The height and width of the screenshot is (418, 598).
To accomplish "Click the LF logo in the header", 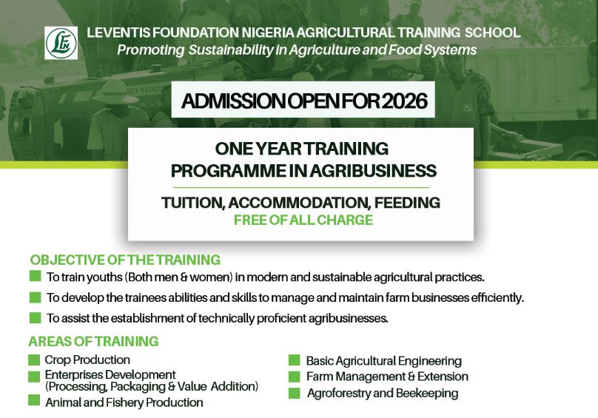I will coord(61,42).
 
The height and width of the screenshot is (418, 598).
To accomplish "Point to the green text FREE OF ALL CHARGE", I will coord(303,219).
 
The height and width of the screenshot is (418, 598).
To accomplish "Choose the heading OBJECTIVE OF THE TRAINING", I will coord(125,260).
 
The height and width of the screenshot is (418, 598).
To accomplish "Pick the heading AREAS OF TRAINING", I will coord(93,341).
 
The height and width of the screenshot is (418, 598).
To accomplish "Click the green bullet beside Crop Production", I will coord(34,360).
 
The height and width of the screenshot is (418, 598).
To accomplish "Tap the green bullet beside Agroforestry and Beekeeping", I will coord(294,393).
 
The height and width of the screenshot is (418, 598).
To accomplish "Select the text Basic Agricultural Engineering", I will coord(383,361).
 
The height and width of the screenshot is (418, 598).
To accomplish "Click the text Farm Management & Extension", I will coord(387,377).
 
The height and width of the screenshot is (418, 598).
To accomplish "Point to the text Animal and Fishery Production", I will coord(124,402).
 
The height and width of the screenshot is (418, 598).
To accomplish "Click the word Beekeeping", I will coord(427,393).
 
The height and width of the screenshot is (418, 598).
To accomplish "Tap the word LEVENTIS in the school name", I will coord(119,33).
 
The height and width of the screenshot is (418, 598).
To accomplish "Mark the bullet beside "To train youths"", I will coord(35,277).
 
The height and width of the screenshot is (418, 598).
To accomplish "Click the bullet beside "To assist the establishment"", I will coord(35,318).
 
